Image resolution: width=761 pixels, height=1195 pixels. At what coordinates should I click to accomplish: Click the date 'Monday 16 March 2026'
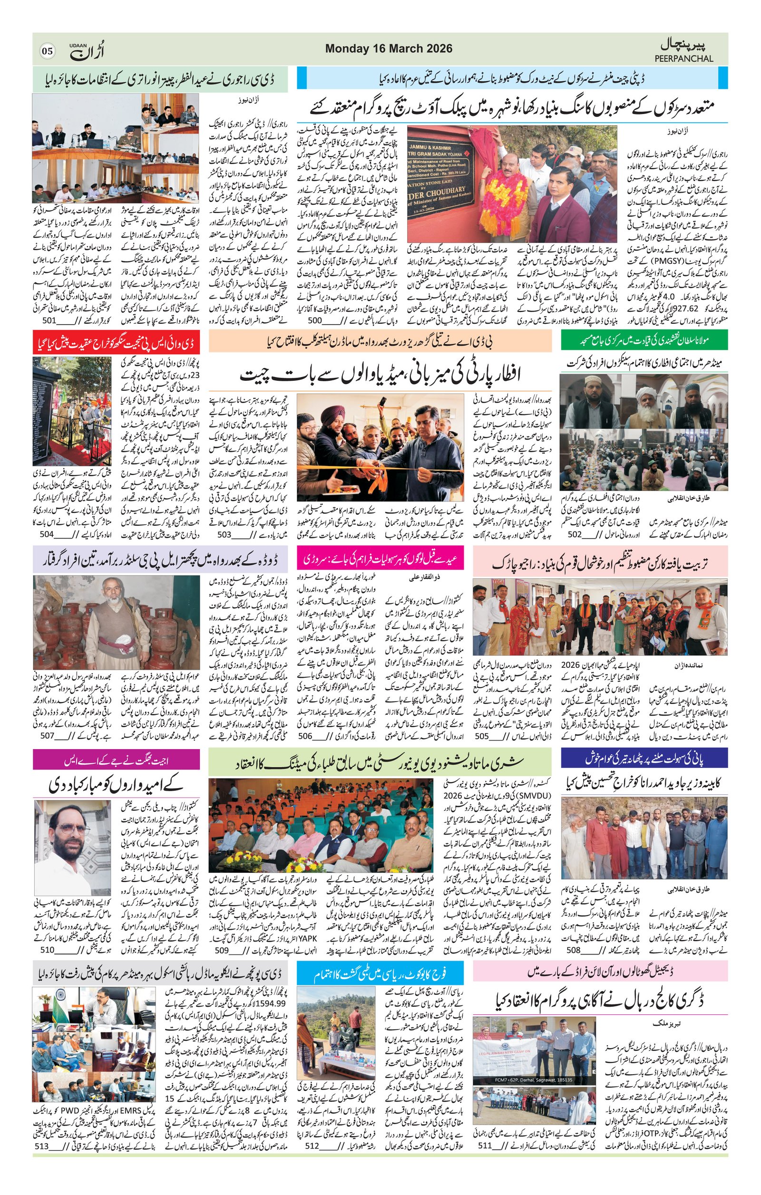click(389, 48)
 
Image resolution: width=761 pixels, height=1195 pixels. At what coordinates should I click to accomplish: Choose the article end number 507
click(47, 736)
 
